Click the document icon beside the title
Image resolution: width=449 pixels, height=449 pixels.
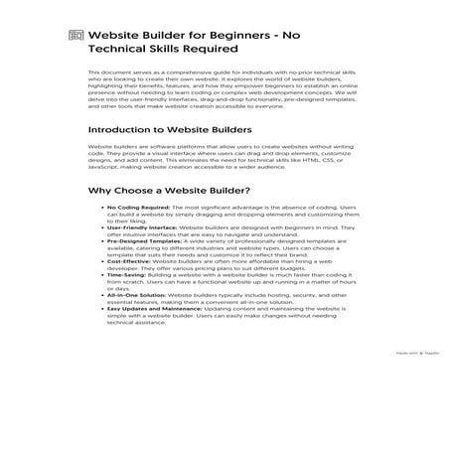pos(75,37)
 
